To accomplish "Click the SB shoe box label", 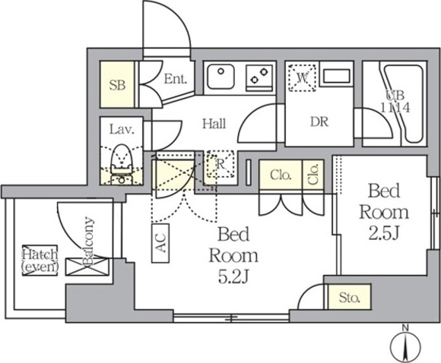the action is pyautogui.click(x=117, y=85).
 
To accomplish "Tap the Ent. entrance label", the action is pyautogui.click(x=176, y=79).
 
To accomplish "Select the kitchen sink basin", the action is pyautogui.click(x=220, y=76).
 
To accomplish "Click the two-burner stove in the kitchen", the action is pyautogui.click(x=259, y=77).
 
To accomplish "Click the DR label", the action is pyautogui.click(x=319, y=122).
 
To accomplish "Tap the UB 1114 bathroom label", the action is pyautogui.click(x=395, y=102).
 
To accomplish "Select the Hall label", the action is pyautogui.click(x=214, y=123).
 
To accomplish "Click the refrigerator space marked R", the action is pyautogui.click(x=220, y=164).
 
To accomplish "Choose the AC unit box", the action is pyautogui.click(x=160, y=243).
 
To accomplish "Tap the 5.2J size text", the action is pyautogui.click(x=233, y=276).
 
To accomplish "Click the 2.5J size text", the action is pyautogui.click(x=384, y=234).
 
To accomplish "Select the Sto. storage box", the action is pyautogui.click(x=349, y=297).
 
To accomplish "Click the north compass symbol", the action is pyautogui.click(x=405, y=343).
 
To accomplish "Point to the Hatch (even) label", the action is pyautogui.click(x=40, y=260).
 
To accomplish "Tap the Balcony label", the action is pyautogui.click(x=88, y=241).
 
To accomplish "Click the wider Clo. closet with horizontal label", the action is pyautogui.click(x=281, y=175).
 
